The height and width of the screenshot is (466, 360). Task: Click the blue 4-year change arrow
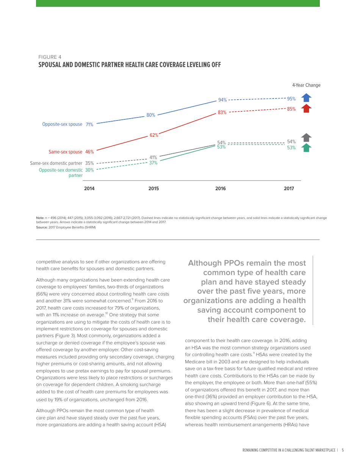[x=306, y=98]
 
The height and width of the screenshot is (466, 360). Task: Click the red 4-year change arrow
[x=306, y=108]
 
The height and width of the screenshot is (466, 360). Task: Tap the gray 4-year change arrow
[x=306, y=138]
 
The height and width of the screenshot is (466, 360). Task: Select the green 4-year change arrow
[x=306, y=148]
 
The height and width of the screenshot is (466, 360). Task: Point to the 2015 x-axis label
[x=153, y=189]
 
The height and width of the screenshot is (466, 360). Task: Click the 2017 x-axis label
[x=289, y=189]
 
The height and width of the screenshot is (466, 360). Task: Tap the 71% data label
[x=89, y=124]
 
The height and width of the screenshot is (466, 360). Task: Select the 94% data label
[x=222, y=100]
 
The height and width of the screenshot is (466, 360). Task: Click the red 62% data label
[x=154, y=135]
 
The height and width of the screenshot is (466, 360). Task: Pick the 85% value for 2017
[x=291, y=109]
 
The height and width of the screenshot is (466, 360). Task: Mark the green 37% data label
[x=153, y=163]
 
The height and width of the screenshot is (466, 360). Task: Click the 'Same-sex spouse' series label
[x=65, y=152]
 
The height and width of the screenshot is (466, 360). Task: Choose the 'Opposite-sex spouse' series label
[x=62, y=124]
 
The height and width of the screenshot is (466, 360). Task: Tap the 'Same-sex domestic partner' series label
[x=56, y=163]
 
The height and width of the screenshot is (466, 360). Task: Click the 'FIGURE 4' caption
[x=50, y=57]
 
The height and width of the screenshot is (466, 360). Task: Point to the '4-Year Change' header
[x=306, y=85]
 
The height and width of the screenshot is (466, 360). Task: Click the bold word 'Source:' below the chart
[x=42, y=227]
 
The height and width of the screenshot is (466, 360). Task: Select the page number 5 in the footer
[x=343, y=450]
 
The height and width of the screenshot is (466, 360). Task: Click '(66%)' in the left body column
[x=43, y=294]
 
